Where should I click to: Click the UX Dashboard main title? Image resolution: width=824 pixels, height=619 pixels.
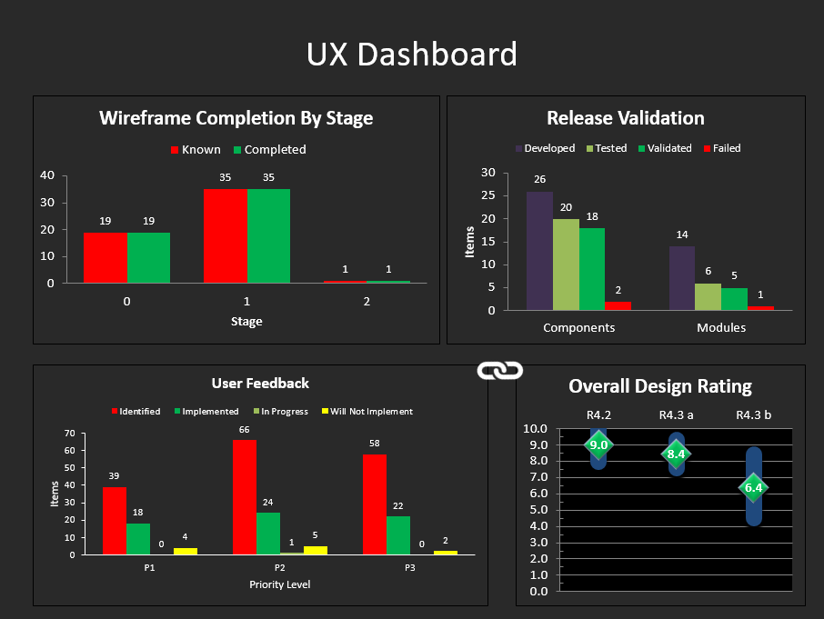tap(411, 55)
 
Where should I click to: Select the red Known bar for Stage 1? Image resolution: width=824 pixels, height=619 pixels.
tap(225, 235)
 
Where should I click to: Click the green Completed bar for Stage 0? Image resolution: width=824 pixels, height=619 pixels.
tap(148, 257)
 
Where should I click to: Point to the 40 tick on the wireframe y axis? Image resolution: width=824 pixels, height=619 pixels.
tap(47, 175)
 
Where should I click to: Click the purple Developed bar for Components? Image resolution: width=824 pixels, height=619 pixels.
tap(539, 251)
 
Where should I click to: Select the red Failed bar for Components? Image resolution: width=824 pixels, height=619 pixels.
tap(618, 305)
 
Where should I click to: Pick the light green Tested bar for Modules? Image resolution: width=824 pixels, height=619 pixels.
tap(708, 296)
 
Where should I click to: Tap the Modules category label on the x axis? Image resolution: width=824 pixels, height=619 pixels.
tap(721, 327)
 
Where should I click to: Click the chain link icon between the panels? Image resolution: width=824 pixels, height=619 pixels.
tap(499, 370)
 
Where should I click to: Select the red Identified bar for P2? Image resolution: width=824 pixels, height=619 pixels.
tap(245, 496)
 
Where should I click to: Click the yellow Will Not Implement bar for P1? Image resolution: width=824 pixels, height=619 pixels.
tap(186, 551)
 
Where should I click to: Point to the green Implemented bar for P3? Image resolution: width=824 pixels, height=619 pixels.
tap(398, 534)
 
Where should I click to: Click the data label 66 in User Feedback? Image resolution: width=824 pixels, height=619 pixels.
tap(245, 429)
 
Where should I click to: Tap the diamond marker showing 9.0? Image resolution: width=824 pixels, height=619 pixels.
tap(598, 445)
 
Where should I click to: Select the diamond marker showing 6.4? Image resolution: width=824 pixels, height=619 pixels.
tap(753, 488)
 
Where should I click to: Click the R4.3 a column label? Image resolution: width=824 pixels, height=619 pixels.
tap(676, 415)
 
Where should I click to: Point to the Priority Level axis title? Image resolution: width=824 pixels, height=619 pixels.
tap(279, 584)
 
